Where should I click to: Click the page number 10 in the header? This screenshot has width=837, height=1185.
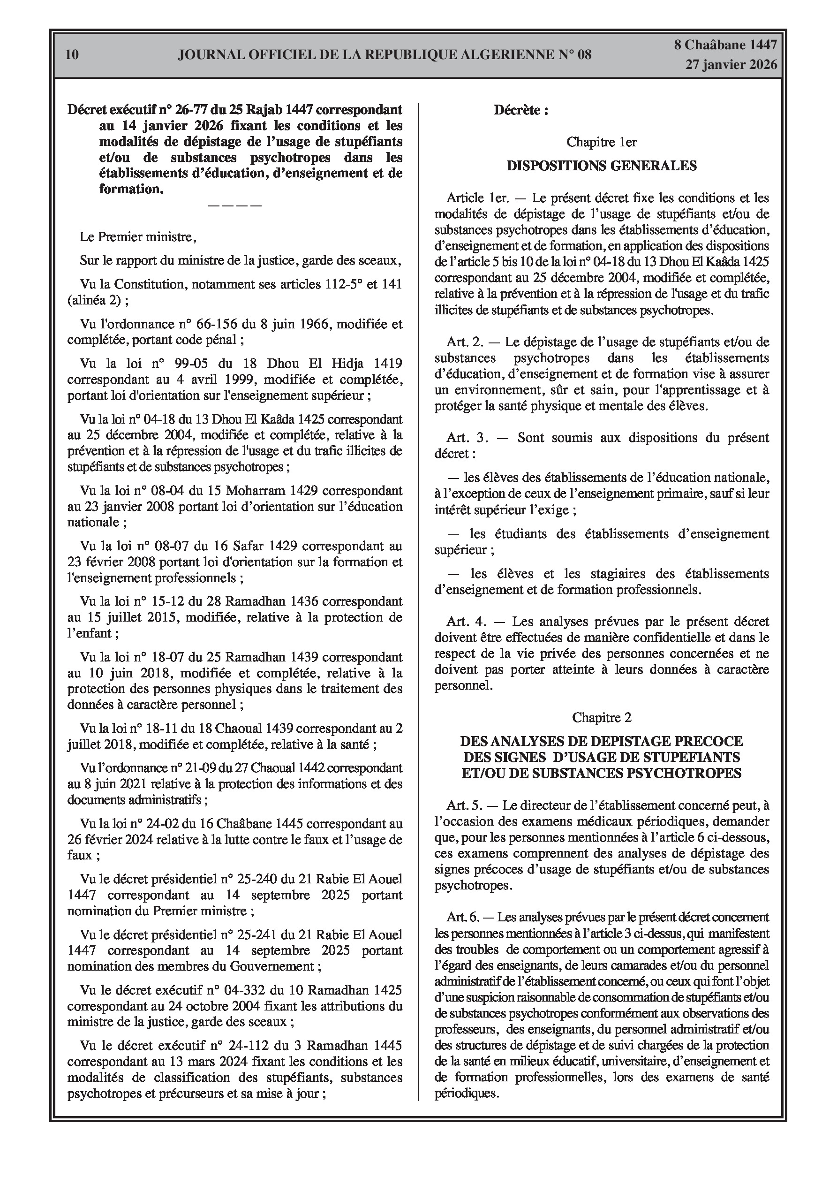point(73,55)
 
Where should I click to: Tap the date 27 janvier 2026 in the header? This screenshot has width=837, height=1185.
point(731,65)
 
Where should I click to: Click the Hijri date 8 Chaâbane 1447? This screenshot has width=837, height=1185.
point(725,45)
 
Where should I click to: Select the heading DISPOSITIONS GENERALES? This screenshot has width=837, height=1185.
point(601,166)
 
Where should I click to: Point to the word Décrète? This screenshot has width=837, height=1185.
point(517,110)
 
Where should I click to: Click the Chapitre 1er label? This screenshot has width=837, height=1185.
point(601,142)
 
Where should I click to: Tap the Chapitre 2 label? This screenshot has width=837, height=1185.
point(601,717)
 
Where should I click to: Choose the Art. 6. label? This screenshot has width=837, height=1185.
point(464,917)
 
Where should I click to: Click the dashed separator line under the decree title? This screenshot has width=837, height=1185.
point(235,205)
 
